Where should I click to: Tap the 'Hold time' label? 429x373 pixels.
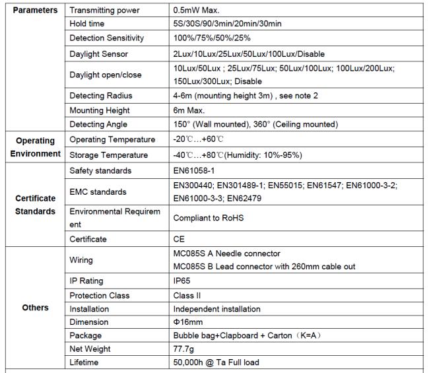[x=88, y=24]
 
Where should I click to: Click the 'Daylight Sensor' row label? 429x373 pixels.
[x=98, y=53]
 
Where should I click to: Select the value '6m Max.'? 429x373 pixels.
[x=189, y=110]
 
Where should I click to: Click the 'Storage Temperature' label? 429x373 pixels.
[x=109, y=155]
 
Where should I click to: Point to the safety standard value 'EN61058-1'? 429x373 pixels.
[x=195, y=170]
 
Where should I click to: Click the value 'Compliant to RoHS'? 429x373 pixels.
[x=210, y=217]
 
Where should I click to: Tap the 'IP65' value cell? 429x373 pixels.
[x=182, y=281]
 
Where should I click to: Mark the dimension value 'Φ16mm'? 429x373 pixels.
[x=188, y=322]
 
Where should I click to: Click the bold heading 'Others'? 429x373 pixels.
[x=35, y=308]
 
